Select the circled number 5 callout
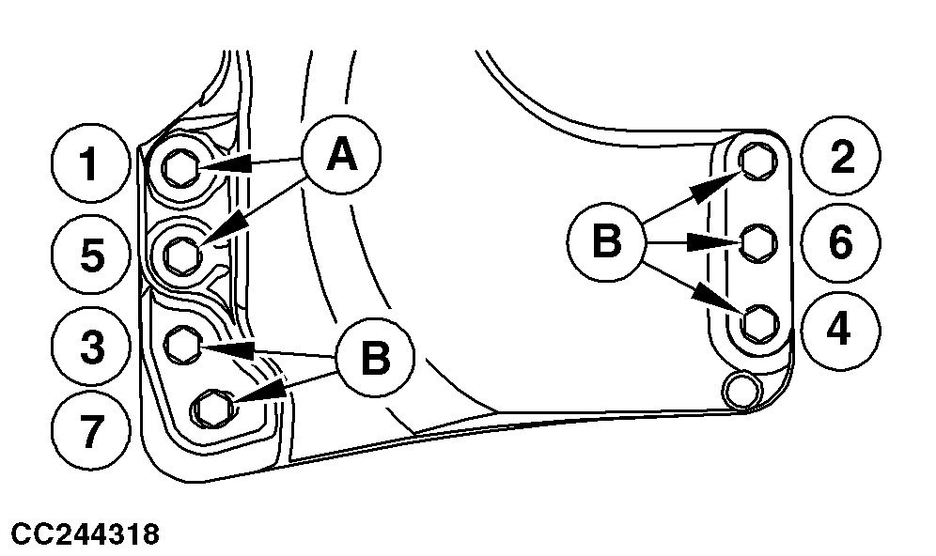tap(90, 255)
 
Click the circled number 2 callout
tap(841, 158)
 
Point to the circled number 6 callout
tap(841, 242)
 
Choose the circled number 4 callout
tap(841, 328)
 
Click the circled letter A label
tap(340, 156)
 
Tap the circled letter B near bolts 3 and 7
tap(375, 357)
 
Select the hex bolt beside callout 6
tap(757, 243)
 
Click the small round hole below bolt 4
tap(742, 389)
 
